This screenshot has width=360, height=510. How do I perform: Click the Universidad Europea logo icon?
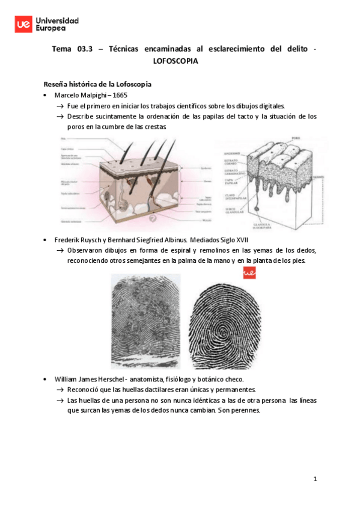click(x=25, y=24)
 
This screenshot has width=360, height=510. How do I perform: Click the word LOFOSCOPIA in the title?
click(x=175, y=61)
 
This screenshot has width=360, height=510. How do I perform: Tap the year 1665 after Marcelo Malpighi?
click(x=119, y=95)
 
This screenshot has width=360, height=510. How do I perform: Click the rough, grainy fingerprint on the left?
click(x=145, y=322)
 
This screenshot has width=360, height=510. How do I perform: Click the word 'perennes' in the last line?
click(x=243, y=411)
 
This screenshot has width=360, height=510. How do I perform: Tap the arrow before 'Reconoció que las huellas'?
click(x=60, y=390)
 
